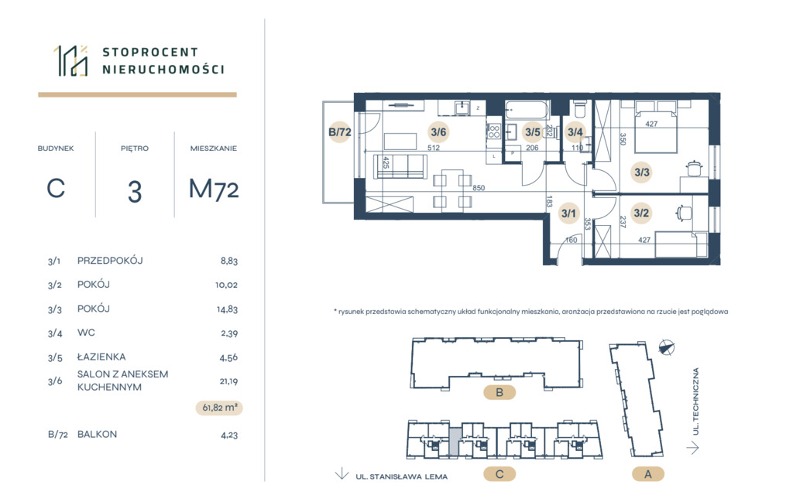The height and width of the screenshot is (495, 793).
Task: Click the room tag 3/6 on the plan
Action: click(438, 132)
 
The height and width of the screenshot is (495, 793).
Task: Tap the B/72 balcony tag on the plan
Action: click(340, 132)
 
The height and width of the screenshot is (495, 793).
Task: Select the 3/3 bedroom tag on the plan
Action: click(642, 172)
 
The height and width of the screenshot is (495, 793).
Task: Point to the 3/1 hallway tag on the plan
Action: click(568, 213)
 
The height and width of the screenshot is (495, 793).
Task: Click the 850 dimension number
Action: click(479, 188)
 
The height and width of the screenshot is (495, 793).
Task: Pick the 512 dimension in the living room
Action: click(434, 148)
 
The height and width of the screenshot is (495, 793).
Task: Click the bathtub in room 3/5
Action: click(527, 110)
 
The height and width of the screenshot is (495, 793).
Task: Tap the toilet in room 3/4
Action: click(579, 108)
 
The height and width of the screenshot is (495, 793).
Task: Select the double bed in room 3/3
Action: click(656, 126)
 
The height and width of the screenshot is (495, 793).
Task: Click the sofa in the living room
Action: click(400, 166)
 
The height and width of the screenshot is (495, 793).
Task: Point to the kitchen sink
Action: click(462, 108)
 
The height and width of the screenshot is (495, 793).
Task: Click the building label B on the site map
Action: click(499, 392)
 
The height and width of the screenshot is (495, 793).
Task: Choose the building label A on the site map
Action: click(648, 474)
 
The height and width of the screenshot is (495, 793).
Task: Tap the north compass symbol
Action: click(667, 347)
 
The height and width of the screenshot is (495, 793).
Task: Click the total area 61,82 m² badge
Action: click(219, 408)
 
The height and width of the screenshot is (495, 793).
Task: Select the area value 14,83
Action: click(227, 309)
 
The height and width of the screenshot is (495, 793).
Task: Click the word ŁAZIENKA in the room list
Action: click(101, 357)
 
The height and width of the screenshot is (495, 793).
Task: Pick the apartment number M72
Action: click(214, 189)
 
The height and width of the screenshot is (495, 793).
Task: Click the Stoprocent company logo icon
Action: click(71, 60)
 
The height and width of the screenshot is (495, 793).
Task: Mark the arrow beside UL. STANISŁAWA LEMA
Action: click(342, 473)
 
